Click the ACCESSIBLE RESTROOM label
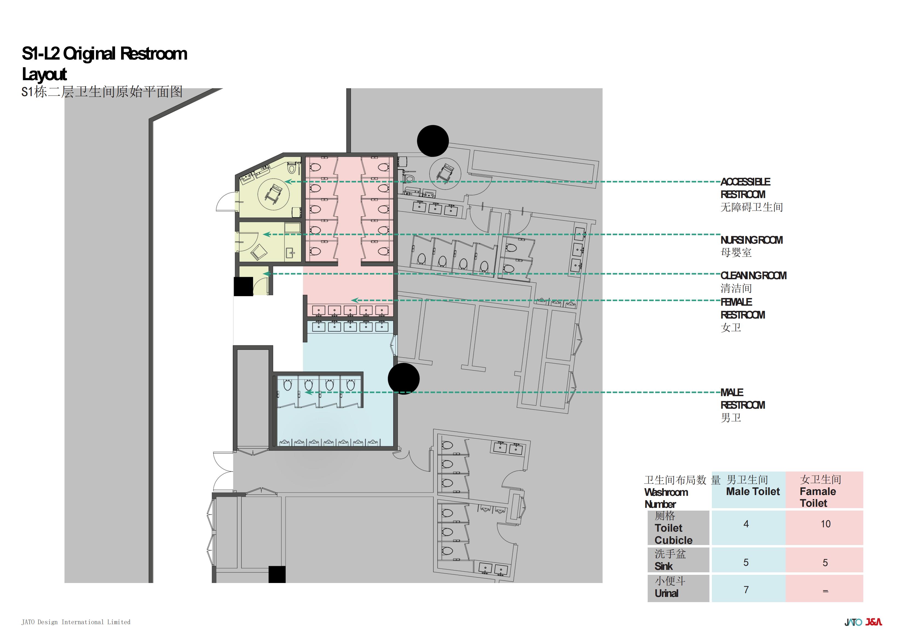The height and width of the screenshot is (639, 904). tap(751, 195)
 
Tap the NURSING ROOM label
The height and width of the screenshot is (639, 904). tap(751, 246)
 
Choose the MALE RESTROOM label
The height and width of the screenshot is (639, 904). tap(742, 405)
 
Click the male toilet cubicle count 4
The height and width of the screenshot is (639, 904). tap(746, 524)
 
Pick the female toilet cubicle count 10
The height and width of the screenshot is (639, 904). tap(826, 524)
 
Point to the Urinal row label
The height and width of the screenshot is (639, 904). tap(670, 587)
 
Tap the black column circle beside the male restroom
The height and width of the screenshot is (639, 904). tap(404, 379)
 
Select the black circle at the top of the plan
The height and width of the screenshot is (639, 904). tap(433, 141)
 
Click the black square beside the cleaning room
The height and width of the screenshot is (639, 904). tap(243, 286)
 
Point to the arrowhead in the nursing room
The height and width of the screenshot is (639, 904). tap(266, 234)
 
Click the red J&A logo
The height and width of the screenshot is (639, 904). tap(874, 622)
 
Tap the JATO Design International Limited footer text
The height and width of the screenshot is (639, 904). tap(76, 622)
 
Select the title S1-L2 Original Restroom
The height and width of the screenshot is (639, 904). tap(104, 54)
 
